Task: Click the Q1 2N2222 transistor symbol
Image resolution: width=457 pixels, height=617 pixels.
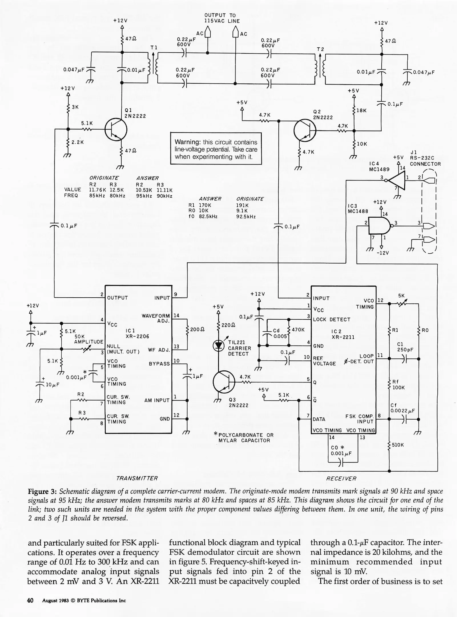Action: (116, 130)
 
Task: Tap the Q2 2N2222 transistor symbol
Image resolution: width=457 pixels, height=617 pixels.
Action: (305, 130)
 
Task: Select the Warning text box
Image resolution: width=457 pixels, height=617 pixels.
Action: (216, 149)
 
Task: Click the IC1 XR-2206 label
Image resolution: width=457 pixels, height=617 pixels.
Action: (137, 333)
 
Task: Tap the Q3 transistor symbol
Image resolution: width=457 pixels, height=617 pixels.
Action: (224, 382)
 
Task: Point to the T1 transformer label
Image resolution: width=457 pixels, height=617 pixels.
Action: (154, 48)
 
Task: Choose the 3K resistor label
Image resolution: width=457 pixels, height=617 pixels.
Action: (75, 107)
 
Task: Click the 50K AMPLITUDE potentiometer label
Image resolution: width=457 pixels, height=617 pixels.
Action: (88, 339)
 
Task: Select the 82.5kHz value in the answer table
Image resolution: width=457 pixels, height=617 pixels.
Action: (208, 217)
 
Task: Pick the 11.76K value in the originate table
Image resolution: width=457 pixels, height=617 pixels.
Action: (97, 190)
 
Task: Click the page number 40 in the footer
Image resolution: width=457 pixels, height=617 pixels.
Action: (30, 601)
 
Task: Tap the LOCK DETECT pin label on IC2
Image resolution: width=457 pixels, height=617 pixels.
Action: (331, 319)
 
